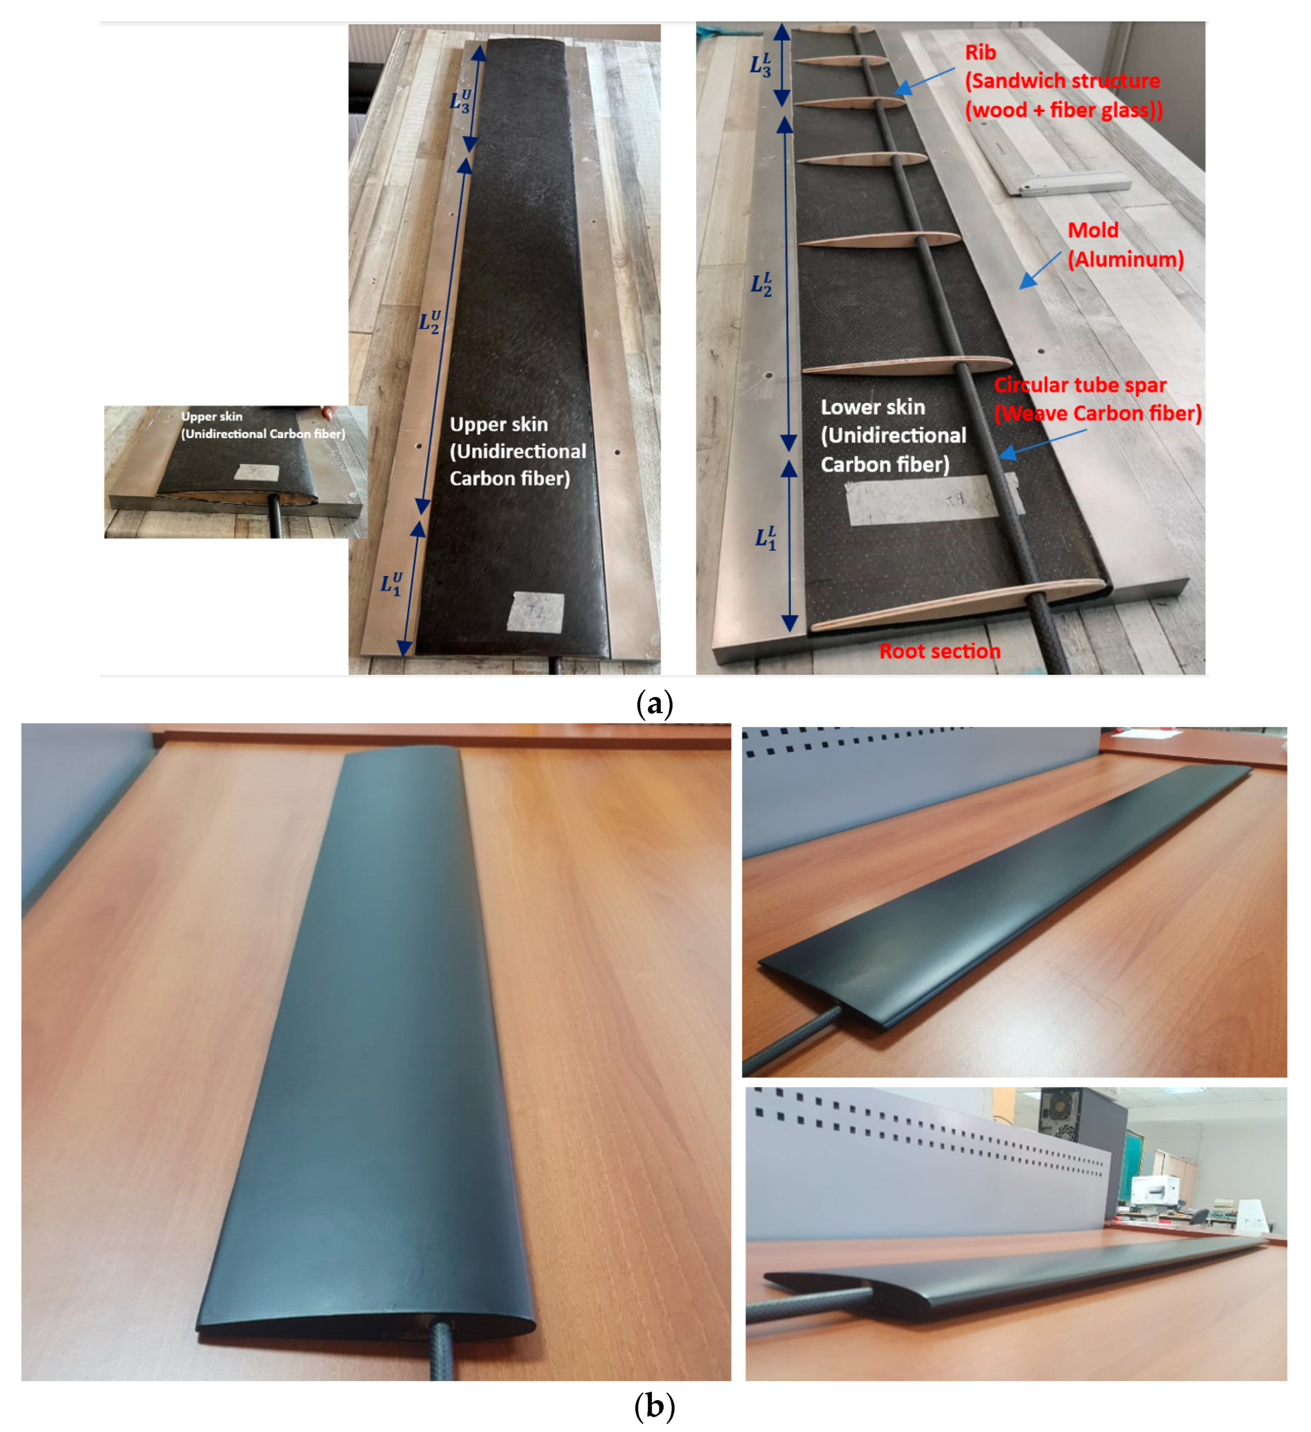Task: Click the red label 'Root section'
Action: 939,651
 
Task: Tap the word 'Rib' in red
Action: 980,52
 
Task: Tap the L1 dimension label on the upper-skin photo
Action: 391,584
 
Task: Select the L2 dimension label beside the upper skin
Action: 429,322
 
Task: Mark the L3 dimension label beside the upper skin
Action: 460,101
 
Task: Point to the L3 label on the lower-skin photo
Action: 760,65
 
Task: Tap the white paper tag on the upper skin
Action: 536,612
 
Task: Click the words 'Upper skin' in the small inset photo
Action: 211,416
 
